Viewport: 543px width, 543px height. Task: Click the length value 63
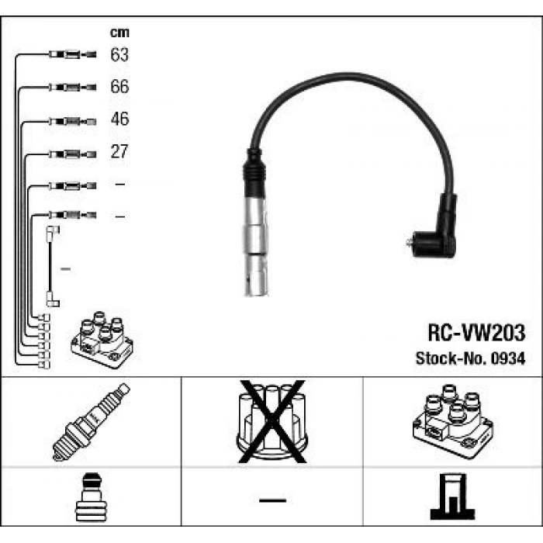point(119,55)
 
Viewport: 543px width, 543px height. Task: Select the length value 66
point(119,87)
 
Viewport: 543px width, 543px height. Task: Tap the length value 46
point(119,119)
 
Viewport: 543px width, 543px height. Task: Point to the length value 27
point(119,152)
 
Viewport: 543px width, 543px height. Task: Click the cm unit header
point(119,33)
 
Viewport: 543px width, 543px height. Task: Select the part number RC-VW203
point(476,334)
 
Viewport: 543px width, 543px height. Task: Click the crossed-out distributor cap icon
point(271,421)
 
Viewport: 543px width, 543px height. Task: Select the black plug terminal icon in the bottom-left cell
point(91,499)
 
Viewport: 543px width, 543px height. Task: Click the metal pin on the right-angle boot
point(409,243)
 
